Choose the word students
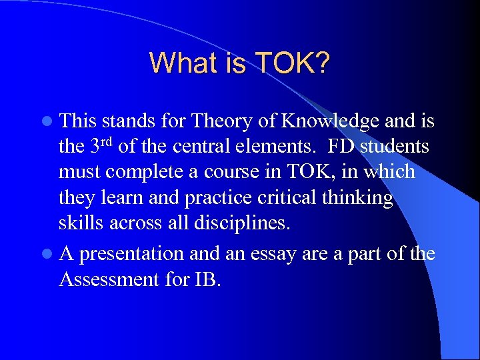click(395, 146)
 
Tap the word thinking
click(360, 198)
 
